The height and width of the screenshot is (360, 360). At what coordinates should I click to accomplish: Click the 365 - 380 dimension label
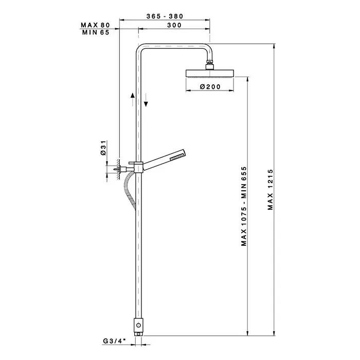[165, 16]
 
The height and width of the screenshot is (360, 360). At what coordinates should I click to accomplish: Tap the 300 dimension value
[174, 25]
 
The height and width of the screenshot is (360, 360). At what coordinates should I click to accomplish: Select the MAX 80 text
[95, 25]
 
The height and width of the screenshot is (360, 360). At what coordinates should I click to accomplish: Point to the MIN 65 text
[96, 32]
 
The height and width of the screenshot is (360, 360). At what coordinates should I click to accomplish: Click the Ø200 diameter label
[210, 86]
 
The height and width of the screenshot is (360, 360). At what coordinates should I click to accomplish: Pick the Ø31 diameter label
[103, 148]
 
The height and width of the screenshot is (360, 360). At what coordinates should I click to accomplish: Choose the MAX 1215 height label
[270, 190]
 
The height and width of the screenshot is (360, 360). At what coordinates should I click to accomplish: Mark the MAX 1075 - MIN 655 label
[244, 206]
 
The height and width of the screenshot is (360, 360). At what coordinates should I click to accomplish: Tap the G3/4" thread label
[114, 341]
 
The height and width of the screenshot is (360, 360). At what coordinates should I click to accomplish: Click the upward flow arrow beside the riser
[133, 99]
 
